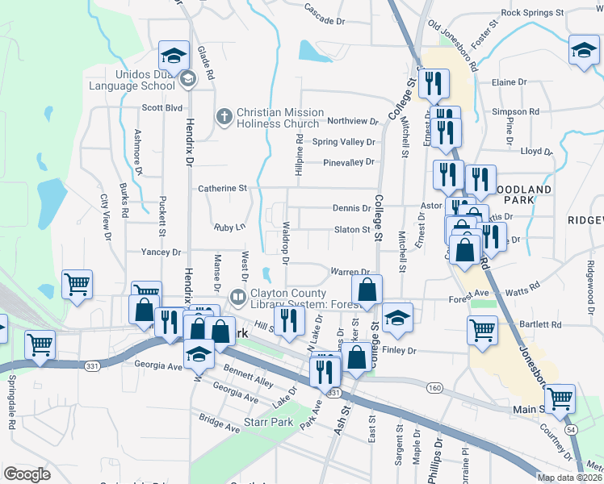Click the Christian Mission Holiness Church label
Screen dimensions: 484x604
280,118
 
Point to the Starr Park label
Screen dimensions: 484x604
268,422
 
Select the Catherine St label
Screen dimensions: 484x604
223,189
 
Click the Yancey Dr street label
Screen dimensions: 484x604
161,252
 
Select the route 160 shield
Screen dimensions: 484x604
434,388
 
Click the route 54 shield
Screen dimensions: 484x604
572,432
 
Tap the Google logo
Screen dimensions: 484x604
27,474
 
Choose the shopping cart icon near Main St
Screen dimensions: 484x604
559,398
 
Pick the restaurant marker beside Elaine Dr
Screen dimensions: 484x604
434,83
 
